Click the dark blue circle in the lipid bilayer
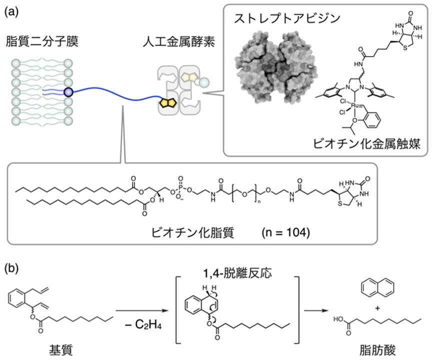[x=68, y=92]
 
